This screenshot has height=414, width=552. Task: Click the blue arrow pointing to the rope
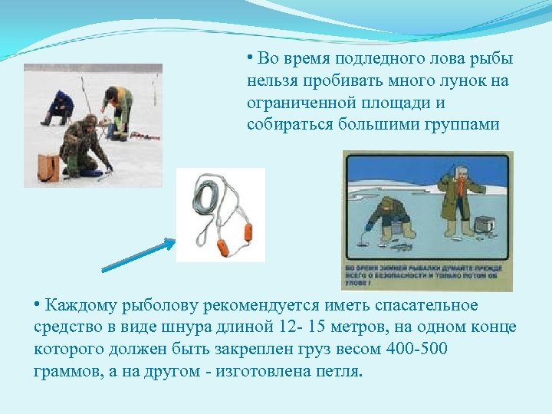(139, 255)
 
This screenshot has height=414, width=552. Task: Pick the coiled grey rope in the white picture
(206, 200)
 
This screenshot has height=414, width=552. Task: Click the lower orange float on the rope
(222, 246)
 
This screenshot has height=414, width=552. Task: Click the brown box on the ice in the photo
(48, 166)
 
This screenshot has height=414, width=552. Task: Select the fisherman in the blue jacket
(60, 107)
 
